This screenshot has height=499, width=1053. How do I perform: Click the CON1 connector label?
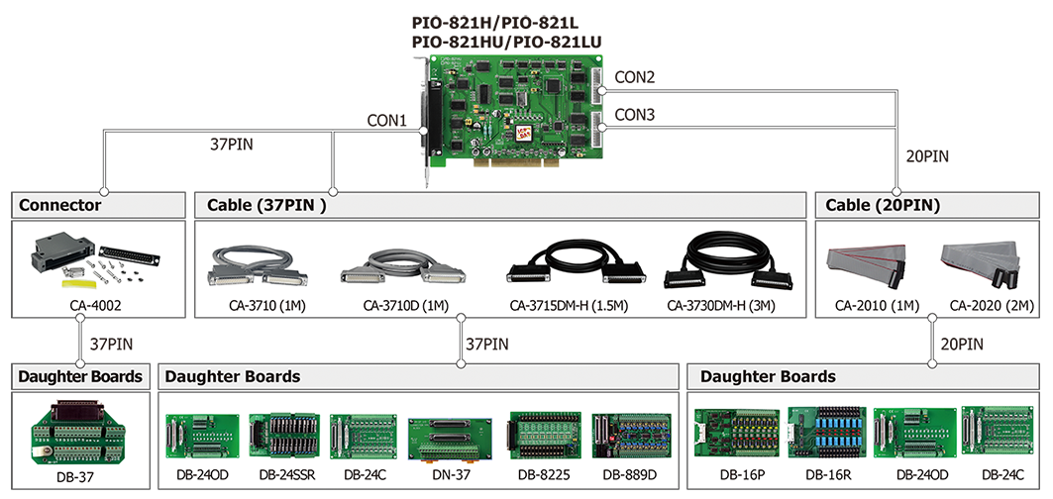(387, 121)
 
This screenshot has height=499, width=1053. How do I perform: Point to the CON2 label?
(634, 76)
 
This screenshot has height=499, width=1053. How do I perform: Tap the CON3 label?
(634, 115)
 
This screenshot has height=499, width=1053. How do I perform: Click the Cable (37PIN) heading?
(266, 205)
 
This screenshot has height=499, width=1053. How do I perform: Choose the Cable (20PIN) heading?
(882, 205)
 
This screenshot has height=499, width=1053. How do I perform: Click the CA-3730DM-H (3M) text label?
(721, 305)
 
